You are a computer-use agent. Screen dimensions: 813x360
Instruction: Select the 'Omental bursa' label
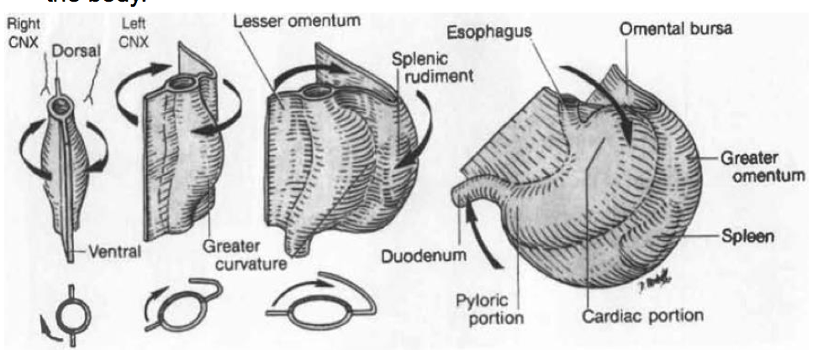[x=676, y=29]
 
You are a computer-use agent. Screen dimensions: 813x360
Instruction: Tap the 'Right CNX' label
[x=19, y=29]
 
